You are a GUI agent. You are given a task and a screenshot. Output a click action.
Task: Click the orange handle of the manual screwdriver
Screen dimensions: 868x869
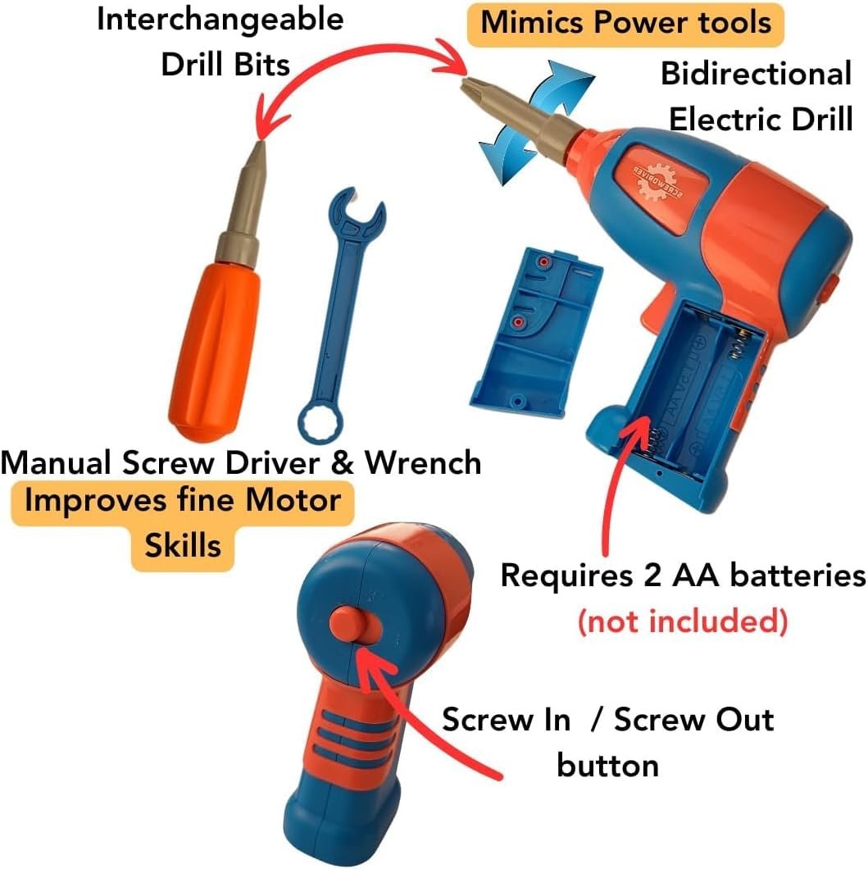coord(215,350)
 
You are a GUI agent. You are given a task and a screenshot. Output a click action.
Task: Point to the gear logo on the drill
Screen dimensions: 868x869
coord(659,180)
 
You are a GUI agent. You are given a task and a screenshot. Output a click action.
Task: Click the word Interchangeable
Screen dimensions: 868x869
coord(220,20)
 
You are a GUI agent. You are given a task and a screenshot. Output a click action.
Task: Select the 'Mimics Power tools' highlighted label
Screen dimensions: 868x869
coord(625,24)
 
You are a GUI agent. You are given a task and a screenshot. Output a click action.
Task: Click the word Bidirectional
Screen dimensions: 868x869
coord(756,74)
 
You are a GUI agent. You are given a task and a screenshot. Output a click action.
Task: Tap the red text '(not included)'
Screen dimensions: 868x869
coord(683,621)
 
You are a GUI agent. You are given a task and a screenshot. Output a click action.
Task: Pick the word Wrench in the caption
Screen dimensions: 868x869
coord(423,462)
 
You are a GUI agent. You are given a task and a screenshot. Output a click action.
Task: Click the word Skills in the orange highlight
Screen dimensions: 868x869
coord(183,545)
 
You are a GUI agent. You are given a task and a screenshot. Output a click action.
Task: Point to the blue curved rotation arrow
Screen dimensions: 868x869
coord(534,122)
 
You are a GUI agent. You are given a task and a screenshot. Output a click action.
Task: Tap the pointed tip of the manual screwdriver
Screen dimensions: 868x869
coord(259,145)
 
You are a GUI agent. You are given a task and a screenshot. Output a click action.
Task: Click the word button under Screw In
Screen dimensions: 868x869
coord(607,766)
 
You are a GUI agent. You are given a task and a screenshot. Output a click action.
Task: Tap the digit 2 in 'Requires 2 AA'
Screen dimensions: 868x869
coord(652,575)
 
